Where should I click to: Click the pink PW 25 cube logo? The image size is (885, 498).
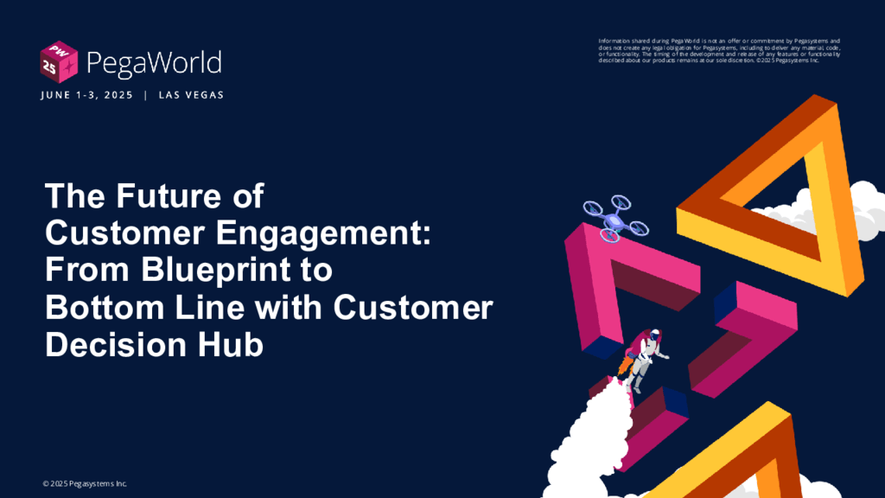coord(59,62)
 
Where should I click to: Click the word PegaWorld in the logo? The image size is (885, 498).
coord(154,63)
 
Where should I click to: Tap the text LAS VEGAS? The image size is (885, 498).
coord(191,95)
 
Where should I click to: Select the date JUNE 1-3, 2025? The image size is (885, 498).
coord(87,95)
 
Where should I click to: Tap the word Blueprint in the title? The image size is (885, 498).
coord(237,271)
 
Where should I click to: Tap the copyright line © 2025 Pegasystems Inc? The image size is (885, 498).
coord(85,484)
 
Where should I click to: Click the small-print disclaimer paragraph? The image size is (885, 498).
coord(719,51)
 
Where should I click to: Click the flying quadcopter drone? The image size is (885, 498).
coord(615,219)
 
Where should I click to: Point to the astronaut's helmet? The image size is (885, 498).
coord(653,336)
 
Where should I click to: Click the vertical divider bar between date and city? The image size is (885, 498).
coord(145,95)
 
